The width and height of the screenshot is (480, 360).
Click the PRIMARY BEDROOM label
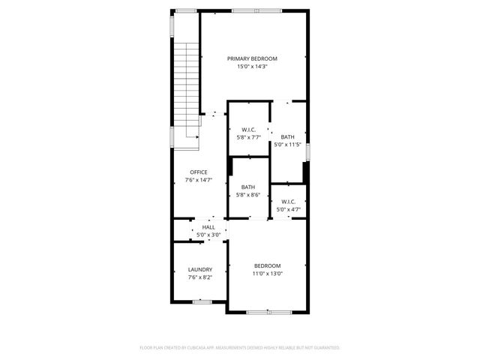pyautogui.click(x=253, y=58)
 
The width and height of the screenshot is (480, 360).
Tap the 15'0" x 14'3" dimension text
pyautogui.click(x=253, y=67)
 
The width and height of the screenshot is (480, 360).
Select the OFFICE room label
pyautogui.click(x=198, y=172)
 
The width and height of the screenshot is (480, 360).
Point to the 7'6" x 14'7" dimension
pyautogui.click(x=198, y=180)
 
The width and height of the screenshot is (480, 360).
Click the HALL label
pyautogui.click(x=208, y=226)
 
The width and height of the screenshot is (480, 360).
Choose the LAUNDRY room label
pyautogui.click(x=199, y=269)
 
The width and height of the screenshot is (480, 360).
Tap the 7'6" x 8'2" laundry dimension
pyautogui.click(x=199, y=277)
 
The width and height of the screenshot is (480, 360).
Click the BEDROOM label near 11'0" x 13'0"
pyautogui.click(x=267, y=265)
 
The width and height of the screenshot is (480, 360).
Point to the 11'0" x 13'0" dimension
pyautogui.click(x=267, y=274)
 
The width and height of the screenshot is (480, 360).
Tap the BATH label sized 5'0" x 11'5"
pyautogui.click(x=287, y=136)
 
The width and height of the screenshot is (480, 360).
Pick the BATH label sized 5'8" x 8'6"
pyautogui.click(x=248, y=187)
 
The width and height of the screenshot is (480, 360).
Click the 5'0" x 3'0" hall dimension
pyautogui.click(x=208, y=235)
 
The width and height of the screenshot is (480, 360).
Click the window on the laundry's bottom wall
pyautogui.click(x=202, y=301)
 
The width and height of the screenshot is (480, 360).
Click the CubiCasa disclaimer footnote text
pyautogui.click(x=240, y=348)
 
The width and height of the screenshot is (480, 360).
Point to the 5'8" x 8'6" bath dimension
pyautogui.click(x=248, y=195)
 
